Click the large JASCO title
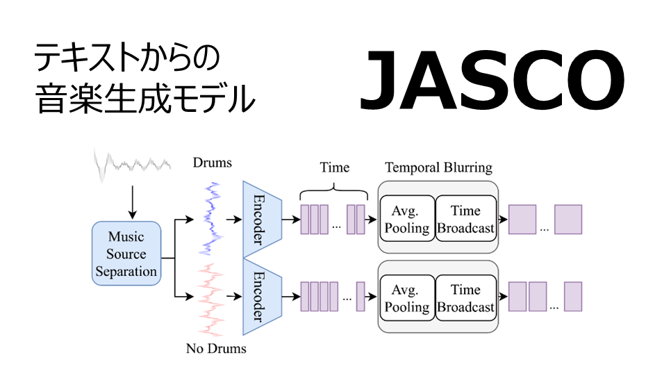coord(492,83)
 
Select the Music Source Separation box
coord(126,254)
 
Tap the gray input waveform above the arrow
coord(133,164)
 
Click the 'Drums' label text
coord(212,163)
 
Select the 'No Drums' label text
coord(216,348)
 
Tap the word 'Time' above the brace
coord(334,167)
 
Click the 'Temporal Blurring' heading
coord(438,167)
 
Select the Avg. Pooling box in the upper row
coord(406,219)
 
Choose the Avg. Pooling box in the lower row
coord(406,298)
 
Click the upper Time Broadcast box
coord(466,219)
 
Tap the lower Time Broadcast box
coord(466,298)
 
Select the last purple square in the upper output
coord(568,219)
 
